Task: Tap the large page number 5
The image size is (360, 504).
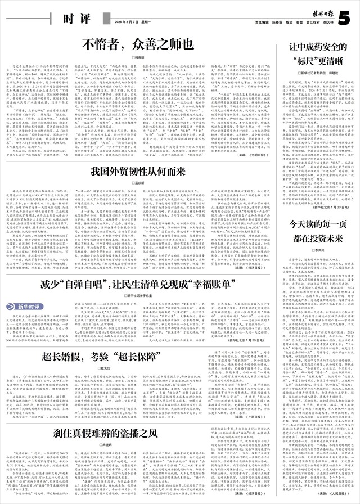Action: point(350,15)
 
